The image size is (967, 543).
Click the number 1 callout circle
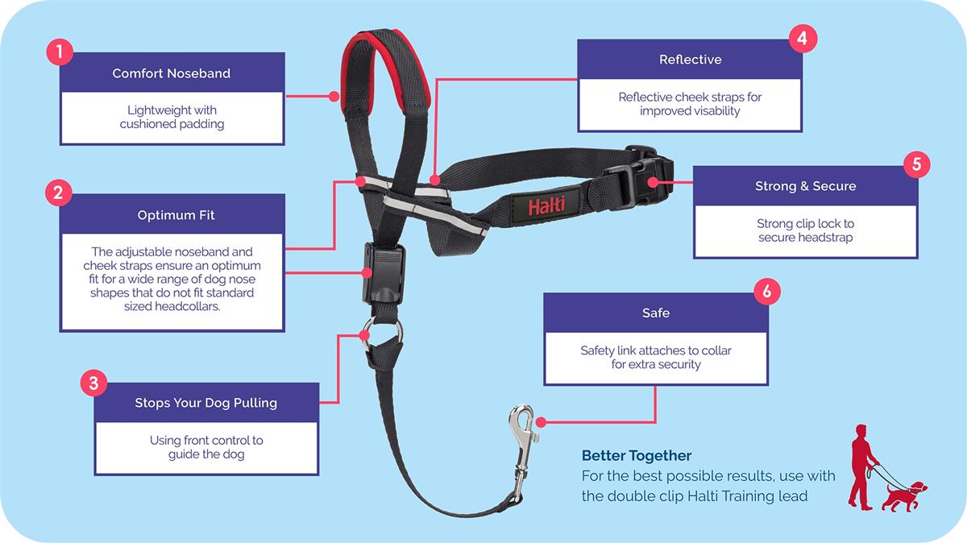[x=60, y=52]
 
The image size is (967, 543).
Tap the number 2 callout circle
[x=59, y=193]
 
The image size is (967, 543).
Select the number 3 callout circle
[x=93, y=383]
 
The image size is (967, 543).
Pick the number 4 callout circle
[x=802, y=39]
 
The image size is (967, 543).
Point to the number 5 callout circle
[x=917, y=164]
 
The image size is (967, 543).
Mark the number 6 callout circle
[x=766, y=292]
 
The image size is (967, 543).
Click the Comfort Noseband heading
[x=172, y=73]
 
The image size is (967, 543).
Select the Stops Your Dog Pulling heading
[x=205, y=403]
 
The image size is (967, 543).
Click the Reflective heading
[x=690, y=60]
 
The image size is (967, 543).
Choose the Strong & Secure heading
[x=805, y=186]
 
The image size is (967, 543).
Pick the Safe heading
[x=655, y=313]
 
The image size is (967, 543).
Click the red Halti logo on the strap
[x=546, y=206]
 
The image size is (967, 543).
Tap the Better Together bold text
[x=637, y=456]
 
